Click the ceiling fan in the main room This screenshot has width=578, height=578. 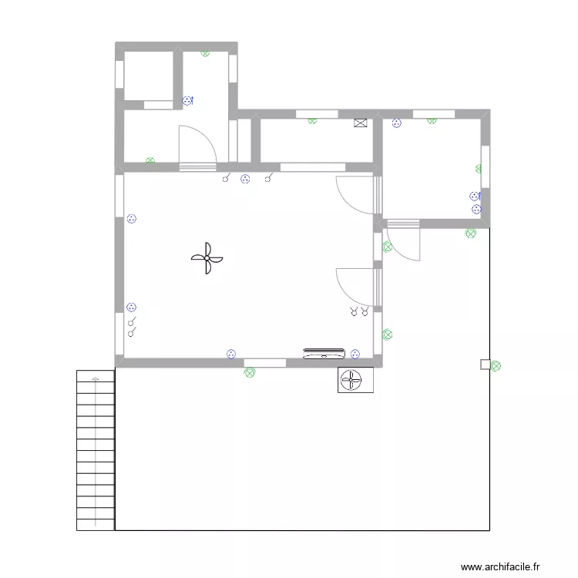(x=207, y=258)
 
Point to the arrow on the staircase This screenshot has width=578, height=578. (x=96, y=379)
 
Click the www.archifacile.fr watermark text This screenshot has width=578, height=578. (x=501, y=567)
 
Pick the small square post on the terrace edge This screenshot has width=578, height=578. (x=485, y=365)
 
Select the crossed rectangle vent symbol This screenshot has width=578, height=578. (x=361, y=123)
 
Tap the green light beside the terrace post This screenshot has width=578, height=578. (x=496, y=367)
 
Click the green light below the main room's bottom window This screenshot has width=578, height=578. (x=249, y=372)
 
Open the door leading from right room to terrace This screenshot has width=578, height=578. (x=403, y=242)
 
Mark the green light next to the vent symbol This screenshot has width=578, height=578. (x=312, y=119)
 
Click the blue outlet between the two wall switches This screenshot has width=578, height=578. (x=245, y=180)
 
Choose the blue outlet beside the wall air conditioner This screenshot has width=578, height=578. (x=355, y=354)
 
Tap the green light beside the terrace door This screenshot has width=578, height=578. (x=388, y=247)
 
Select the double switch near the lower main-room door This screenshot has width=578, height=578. (x=359, y=311)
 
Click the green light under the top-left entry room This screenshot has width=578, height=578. (x=150, y=161)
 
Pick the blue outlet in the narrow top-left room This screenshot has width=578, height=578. (x=187, y=100)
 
